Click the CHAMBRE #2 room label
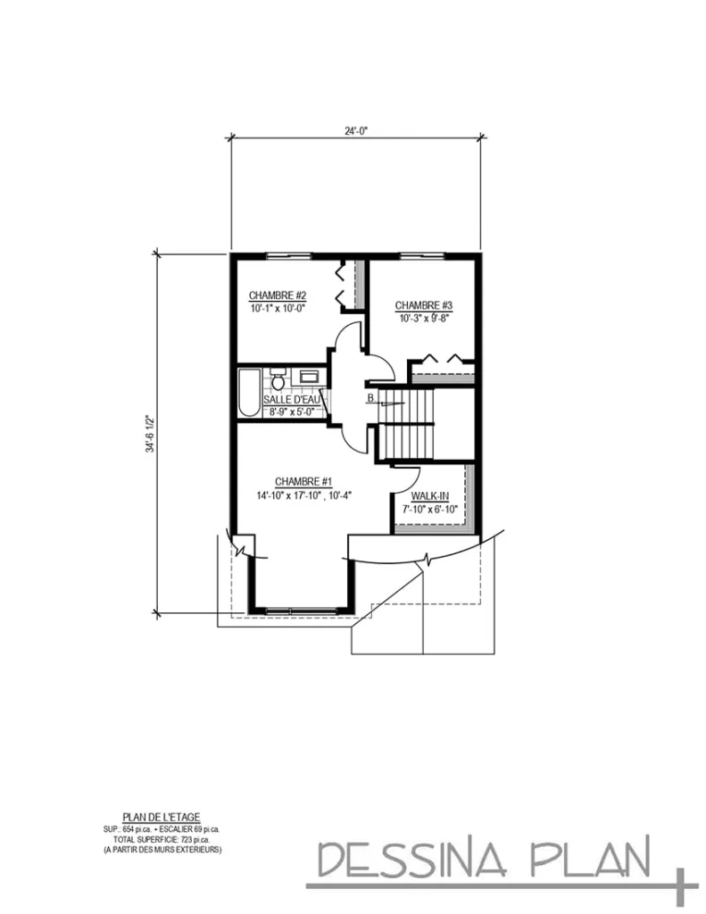(278, 295)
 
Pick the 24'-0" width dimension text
(356, 129)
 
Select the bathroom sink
(309, 377)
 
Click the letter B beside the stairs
(369, 398)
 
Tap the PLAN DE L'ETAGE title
(161, 817)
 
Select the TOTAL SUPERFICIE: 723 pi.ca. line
(161, 839)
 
